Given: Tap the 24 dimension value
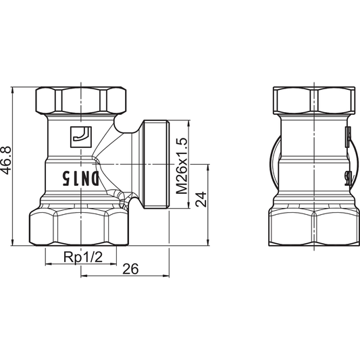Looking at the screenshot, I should click(200, 201).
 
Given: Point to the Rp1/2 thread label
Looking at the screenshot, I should click(79, 257).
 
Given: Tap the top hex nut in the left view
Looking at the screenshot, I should click(80, 101).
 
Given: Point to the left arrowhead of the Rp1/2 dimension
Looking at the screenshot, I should click(47, 264).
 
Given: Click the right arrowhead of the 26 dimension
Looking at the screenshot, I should click(165, 276).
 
